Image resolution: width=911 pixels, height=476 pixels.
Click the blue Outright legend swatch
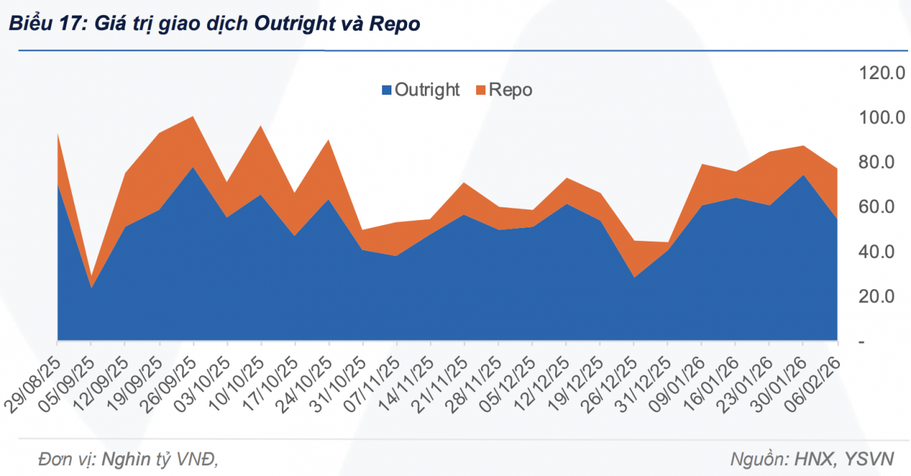(x=387, y=90)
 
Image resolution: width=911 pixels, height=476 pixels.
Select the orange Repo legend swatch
(x=481, y=90)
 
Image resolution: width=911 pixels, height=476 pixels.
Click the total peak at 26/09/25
(x=194, y=116)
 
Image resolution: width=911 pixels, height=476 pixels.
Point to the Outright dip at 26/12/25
(x=633, y=276)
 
